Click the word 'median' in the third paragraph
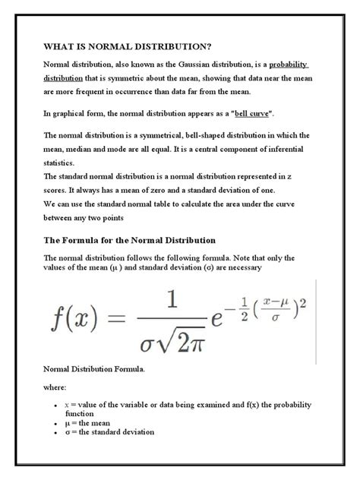coord(81,148)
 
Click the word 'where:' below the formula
coord(58,387)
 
